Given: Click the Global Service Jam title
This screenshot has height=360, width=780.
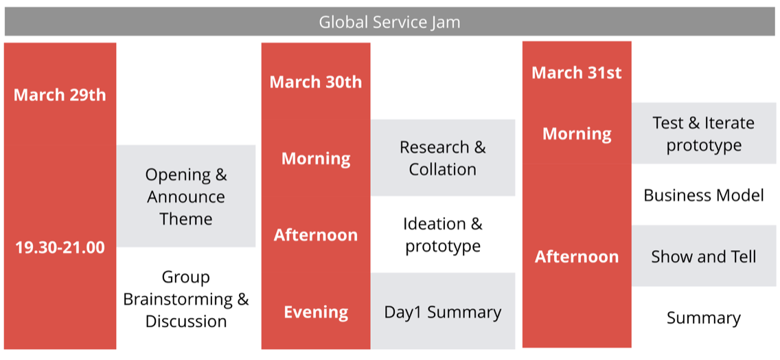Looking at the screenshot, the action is pyautogui.click(x=389, y=22).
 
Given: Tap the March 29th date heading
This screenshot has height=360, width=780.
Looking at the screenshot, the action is pyautogui.click(x=60, y=95).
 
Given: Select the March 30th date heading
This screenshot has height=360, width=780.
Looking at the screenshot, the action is pyautogui.click(x=316, y=82).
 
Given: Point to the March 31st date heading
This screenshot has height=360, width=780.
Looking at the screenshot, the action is pyautogui.click(x=577, y=73).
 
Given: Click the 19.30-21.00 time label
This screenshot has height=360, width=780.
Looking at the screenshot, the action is pyautogui.click(x=60, y=247).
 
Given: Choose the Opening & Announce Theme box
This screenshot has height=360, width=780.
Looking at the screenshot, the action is pyautogui.click(x=186, y=196).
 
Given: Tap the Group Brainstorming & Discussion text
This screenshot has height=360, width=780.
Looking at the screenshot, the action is pyautogui.click(x=186, y=299).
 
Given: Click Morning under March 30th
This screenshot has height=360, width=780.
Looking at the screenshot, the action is pyautogui.click(x=316, y=159).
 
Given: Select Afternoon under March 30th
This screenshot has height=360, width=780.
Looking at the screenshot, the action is pyautogui.click(x=316, y=235).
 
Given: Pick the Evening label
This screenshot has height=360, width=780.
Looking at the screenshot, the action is pyautogui.click(x=316, y=312).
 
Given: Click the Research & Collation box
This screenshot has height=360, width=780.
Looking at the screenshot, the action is pyautogui.click(x=443, y=158).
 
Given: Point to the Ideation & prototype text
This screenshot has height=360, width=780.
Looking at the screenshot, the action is pyautogui.click(x=443, y=235).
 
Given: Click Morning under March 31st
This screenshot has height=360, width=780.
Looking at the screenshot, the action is pyautogui.click(x=577, y=134).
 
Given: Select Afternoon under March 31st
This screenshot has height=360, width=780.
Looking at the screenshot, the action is pyautogui.click(x=577, y=257).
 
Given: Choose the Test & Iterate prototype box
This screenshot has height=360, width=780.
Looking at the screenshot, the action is pyautogui.click(x=704, y=133).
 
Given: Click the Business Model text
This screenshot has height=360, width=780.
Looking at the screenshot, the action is pyautogui.click(x=704, y=195).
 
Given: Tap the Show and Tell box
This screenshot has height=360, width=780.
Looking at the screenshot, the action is pyautogui.click(x=704, y=256).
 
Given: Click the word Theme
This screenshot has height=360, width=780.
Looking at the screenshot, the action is pyautogui.click(x=186, y=219).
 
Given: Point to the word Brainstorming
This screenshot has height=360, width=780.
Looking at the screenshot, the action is pyautogui.click(x=178, y=300).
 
